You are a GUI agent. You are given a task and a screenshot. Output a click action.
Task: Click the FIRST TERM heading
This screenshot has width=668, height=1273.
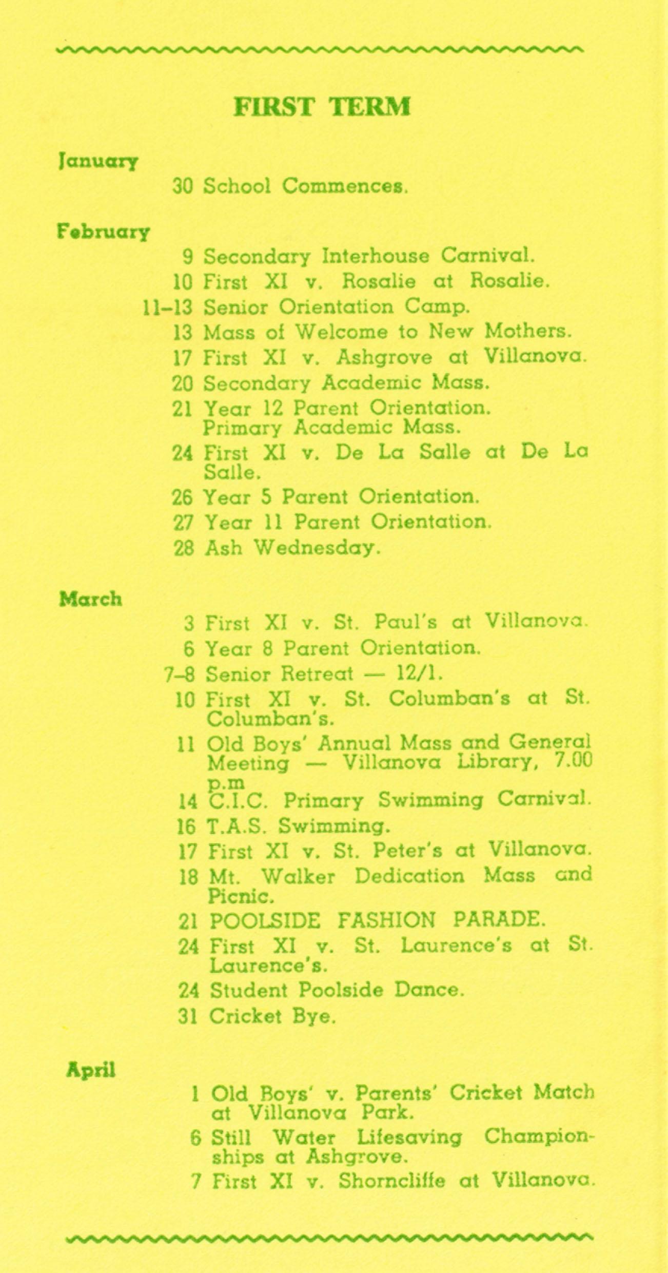pos(322,107)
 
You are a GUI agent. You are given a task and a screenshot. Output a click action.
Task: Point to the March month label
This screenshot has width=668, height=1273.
pos(91,599)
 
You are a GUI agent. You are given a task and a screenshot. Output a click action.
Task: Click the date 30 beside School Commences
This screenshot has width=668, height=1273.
pos(182,186)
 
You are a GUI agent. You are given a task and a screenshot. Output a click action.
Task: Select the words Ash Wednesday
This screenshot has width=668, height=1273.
pos(292,548)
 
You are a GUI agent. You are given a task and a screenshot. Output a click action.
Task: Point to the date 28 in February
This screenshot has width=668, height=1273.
pos(184,548)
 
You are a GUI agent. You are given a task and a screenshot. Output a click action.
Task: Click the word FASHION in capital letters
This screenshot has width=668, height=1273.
pos(386,919)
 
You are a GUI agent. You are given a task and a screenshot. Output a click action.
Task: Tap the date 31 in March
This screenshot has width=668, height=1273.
pos(188,1017)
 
